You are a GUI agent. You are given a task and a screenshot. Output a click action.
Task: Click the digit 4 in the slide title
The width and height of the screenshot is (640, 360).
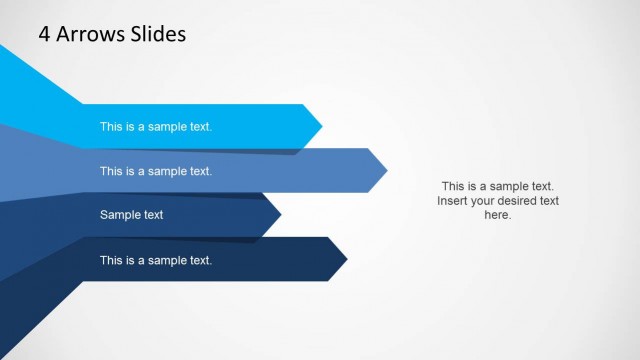[x=45, y=34]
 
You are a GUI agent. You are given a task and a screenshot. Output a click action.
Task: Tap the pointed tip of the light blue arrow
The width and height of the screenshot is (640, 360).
[x=321, y=126]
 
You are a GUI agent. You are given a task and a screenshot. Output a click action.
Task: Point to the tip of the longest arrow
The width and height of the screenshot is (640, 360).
[x=386, y=171]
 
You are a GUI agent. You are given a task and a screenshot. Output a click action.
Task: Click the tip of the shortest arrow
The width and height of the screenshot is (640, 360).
[x=280, y=214]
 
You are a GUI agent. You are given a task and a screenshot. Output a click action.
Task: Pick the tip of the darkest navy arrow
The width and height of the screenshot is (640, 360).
[x=346, y=260]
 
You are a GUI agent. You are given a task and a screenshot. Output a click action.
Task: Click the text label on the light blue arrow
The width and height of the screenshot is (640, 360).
[x=156, y=127]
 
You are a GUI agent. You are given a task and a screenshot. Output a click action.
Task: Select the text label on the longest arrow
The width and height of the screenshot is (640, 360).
[x=156, y=171]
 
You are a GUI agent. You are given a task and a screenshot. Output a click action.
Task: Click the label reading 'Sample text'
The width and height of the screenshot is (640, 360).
[x=131, y=215]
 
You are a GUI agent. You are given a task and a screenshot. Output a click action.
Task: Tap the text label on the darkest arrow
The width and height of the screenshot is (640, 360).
[x=156, y=260]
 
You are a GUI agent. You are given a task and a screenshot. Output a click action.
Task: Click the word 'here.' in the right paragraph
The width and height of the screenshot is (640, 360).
[x=497, y=215]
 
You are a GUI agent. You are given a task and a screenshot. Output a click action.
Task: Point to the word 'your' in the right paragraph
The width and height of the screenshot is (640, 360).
[x=484, y=201]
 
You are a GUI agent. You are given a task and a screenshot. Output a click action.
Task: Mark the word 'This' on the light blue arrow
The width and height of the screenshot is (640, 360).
[x=111, y=127]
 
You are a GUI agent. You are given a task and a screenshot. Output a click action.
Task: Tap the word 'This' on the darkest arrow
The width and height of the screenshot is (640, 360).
[x=111, y=260]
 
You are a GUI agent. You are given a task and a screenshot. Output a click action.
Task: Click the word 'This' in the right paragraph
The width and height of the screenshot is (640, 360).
[x=453, y=186]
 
